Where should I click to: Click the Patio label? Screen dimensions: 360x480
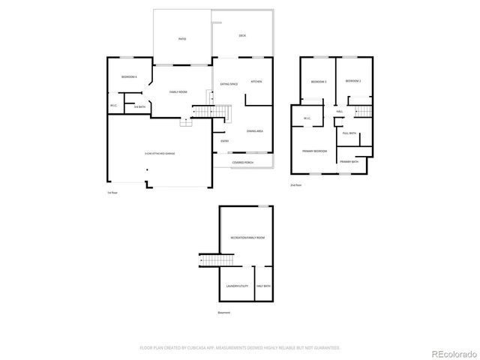(x=182, y=39)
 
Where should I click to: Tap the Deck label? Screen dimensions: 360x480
(x=242, y=36)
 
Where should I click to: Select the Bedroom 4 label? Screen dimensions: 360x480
(x=129, y=77)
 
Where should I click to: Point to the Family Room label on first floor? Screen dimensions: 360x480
(x=178, y=91)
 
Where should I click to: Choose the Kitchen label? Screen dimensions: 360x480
(x=256, y=81)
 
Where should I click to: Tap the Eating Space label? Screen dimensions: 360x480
(x=229, y=84)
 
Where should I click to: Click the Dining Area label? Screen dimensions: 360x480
(x=255, y=131)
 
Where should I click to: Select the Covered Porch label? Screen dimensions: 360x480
(x=243, y=161)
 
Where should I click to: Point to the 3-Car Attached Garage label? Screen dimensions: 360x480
(x=160, y=153)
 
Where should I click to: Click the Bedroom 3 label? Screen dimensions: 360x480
(x=318, y=81)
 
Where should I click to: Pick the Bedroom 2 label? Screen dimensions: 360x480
(x=353, y=81)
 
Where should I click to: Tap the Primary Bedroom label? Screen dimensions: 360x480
(x=314, y=151)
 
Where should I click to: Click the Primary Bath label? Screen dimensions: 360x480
(x=349, y=161)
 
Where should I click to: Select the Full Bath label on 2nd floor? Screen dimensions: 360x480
(x=349, y=133)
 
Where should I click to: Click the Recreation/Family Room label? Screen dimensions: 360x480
(x=247, y=238)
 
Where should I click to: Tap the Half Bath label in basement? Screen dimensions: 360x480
(x=263, y=286)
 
